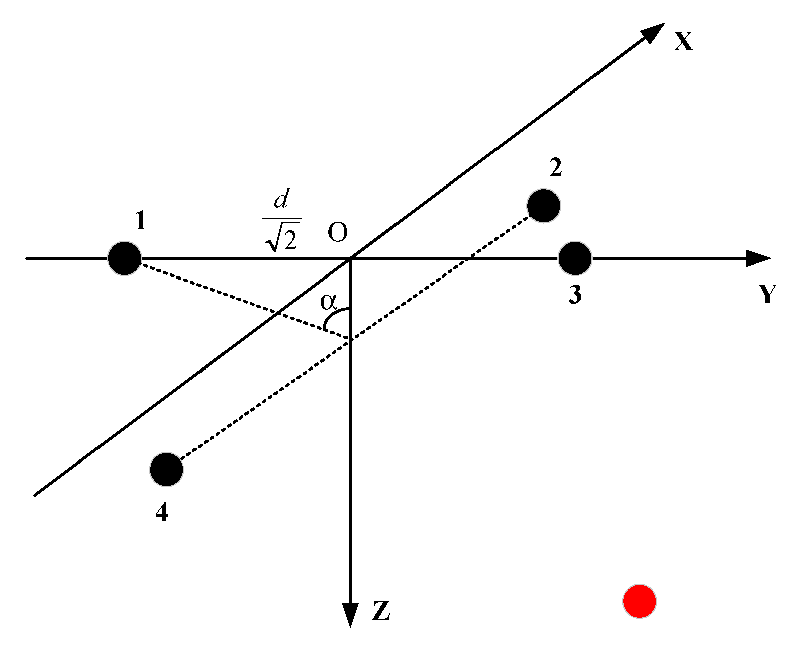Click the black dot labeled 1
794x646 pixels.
click(x=124, y=258)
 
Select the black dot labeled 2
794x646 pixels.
click(x=543, y=206)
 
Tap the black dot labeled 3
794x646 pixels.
click(x=575, y=258)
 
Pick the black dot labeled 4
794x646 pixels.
click(x=166, y=470)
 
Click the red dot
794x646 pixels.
click(x=639, y=601)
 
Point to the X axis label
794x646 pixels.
click(x=684, y=41)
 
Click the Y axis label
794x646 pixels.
click(x=768, y=295)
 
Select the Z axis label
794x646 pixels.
click(x=381, y=611)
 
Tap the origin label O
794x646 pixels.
click(x=338, y=233)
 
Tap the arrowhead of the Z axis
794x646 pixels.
click(x=350, y=615)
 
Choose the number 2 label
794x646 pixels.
click(x=555, y=168)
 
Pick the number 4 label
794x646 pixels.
click(x=161, y=513)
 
